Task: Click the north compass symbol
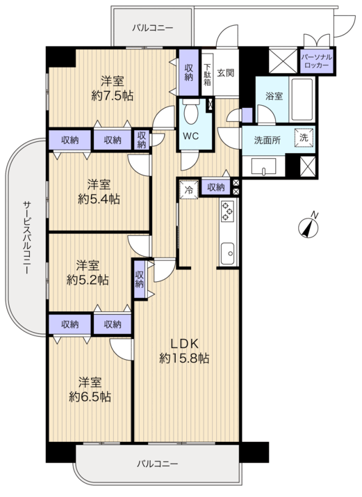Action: (308, 227)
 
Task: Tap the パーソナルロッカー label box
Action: (316, 61)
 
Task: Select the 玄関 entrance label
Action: (226, 72)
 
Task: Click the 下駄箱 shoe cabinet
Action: (207, 74)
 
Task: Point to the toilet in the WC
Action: (191, 111)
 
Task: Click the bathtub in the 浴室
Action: (302, 99)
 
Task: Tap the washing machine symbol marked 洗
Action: (304, 138)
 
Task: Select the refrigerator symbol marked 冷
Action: (189, 189)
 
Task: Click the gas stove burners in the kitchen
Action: (227, 211)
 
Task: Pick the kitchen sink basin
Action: (227, 253)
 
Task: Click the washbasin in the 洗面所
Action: (263, 166)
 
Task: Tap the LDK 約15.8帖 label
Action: (184, 351)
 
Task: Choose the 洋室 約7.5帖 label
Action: (113, 88)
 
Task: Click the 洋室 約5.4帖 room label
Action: (99, 191)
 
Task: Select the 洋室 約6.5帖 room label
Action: (90, 390)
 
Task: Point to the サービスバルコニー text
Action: (26, 237)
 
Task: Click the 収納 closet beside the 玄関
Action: (188, 72)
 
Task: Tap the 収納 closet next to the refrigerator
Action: (216, 187)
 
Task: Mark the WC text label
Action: (191, 136)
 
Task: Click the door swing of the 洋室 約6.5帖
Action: (121, 349)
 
